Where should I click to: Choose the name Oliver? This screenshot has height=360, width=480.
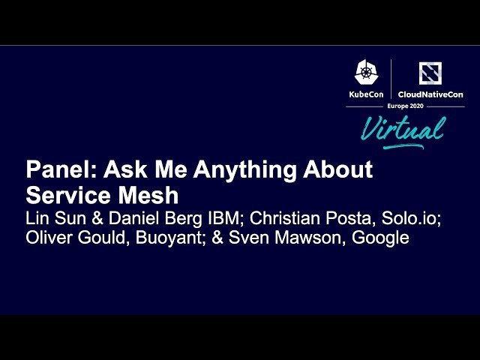[49, 238]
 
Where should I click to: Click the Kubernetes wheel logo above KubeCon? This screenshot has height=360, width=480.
[367, 73]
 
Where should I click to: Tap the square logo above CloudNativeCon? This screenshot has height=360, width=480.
[430, 73]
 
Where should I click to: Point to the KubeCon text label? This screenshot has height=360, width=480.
[367, 94]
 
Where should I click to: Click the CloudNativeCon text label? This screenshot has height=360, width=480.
[430, 94]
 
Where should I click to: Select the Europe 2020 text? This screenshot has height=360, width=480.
[404, 106]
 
